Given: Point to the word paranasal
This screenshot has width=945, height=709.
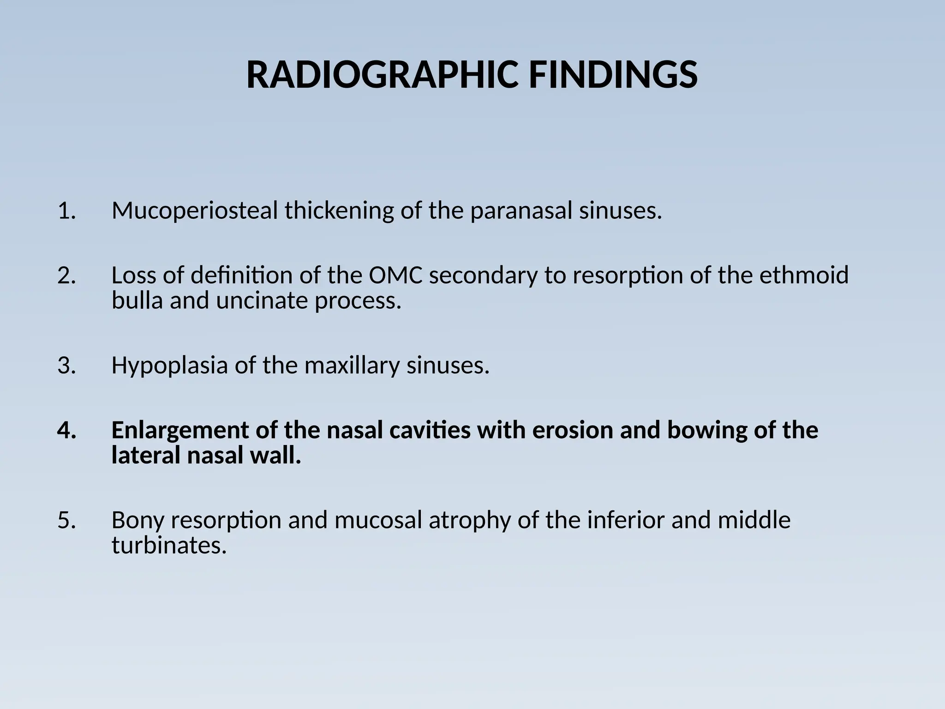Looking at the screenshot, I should point(521,211).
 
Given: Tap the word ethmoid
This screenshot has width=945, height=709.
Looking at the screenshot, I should point(804,276).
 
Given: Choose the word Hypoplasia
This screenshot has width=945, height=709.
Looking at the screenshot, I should point(169,366).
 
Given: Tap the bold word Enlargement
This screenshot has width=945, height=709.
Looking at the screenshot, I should point(180,430).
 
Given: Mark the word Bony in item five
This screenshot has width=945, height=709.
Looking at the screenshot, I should point(138,520).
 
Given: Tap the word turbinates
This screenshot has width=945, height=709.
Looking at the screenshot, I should point(169,546).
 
